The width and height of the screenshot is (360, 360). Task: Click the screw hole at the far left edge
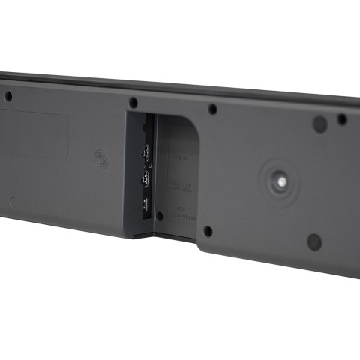click(x=8, y=96)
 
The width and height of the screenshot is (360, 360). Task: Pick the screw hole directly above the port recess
click(x=133, y=101)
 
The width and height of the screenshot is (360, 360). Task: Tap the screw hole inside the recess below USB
click(x=159, y=216)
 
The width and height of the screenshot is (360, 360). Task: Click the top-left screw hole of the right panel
click(x=213, y=109)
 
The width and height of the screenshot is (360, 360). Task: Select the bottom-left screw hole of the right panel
click(x=208, y=231)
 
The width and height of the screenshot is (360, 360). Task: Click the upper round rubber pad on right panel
click(x=319, y=124)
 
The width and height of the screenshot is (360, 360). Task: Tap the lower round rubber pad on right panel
click(x=314, y=241)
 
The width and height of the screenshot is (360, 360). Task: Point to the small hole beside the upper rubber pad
click(x=342, y=119)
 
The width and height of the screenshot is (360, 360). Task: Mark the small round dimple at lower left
click(x=10, y=201)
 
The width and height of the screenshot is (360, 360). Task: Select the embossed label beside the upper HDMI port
click(x=177, y=157)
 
